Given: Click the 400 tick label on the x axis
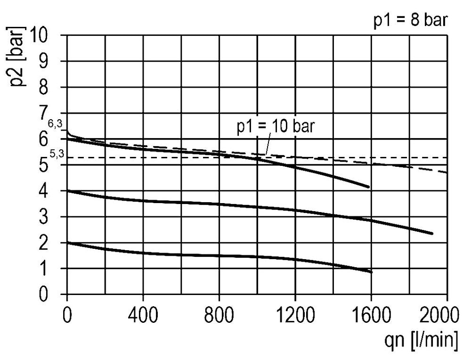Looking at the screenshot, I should (143, 314).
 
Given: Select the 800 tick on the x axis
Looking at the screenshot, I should (219, 314).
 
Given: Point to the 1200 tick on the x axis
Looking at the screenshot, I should (295, 314).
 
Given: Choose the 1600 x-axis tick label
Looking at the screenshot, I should (371, 314).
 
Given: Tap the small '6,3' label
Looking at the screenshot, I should (55, 123).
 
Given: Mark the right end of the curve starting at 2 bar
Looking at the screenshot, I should (371, 272).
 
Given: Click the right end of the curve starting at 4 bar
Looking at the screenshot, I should (431, 233).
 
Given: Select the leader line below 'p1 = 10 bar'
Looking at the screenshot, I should (268, 144).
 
